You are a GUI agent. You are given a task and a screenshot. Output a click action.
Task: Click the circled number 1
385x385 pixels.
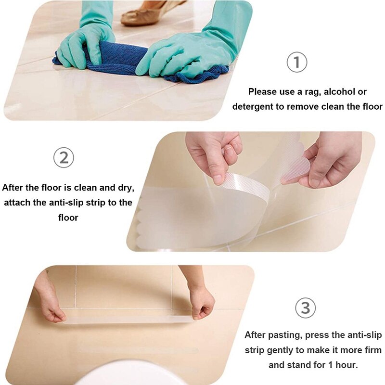click(296, 63)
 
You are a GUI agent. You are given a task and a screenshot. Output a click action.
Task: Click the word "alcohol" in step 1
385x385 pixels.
click(335, 91)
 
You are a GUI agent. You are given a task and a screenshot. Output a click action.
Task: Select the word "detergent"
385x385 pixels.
click(253, 107)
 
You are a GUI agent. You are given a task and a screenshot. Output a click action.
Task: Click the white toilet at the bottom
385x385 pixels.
click(130, 373)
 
